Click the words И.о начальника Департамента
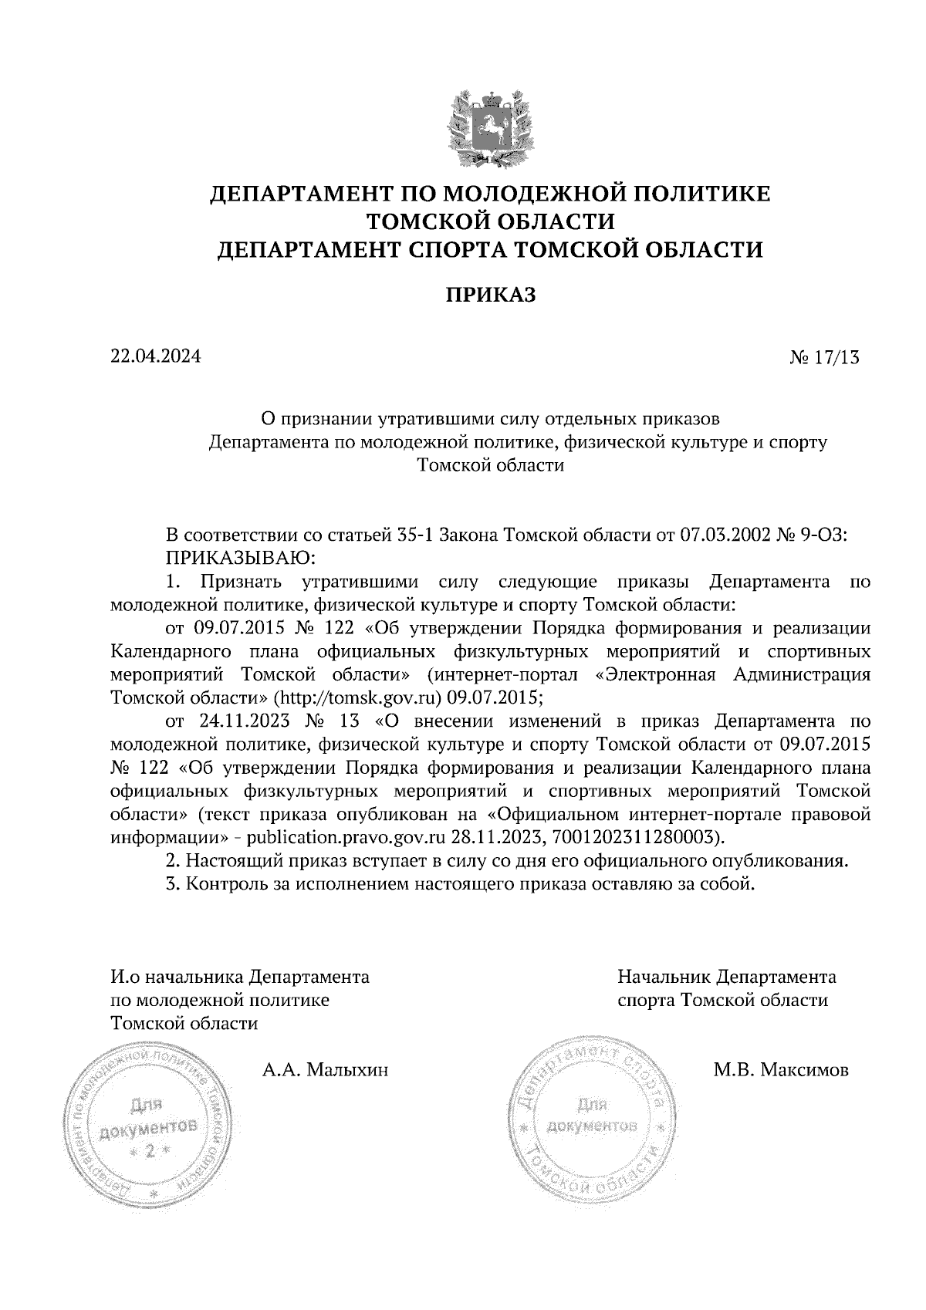click(240, 977)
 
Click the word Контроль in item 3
click(225, 883)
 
